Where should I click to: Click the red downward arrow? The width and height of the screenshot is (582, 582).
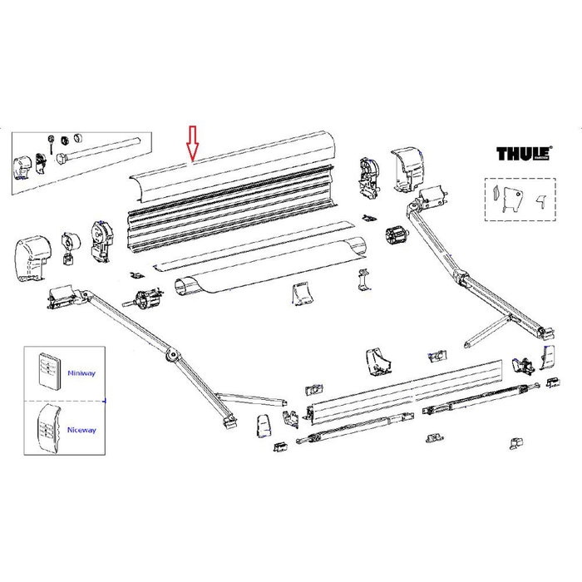pos(192,143)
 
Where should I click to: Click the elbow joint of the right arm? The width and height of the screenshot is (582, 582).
pos(456,275)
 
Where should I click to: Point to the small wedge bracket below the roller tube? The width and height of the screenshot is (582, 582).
pos(301,295)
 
